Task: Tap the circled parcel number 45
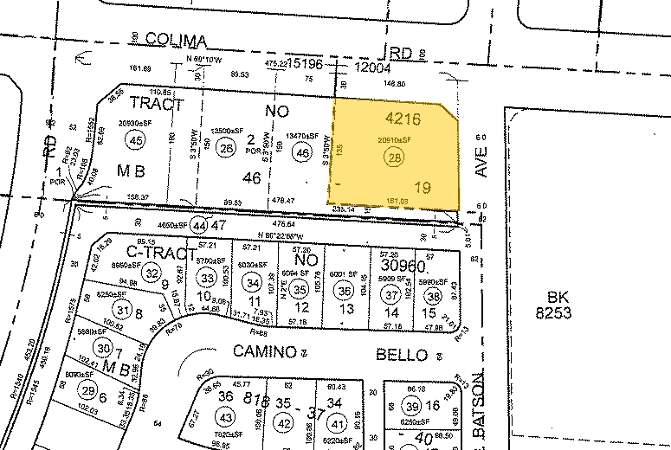(x=136, y=140)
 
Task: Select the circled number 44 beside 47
(x=201, y=223)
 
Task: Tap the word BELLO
(x=402, y=355)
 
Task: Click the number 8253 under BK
(x=552, y=312)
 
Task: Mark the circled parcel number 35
(x=300, y=290)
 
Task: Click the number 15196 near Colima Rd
(x=315, y=65)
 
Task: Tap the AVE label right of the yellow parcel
(x=482, y=161)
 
